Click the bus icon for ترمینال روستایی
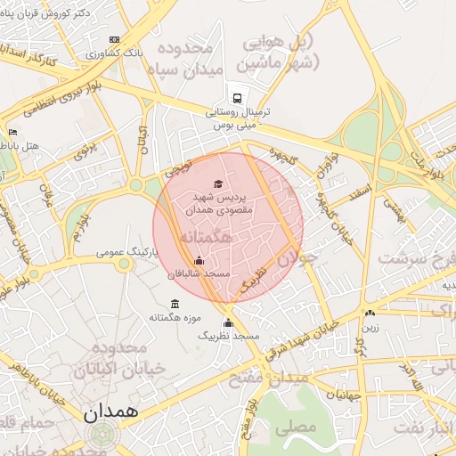pyautogui.click(x=237, y=97)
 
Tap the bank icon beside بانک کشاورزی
pyautogui.click(x=113, y=40)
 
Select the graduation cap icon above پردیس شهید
pyautogui.click(x=219, y=183)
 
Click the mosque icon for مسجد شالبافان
pyautogui.click(x=198, y=261)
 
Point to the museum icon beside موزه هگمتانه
pyautogui.click(x=174, y=305)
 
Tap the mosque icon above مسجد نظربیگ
pyautogui.click(x=228, y=323)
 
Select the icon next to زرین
pyautogui.click(x=370, y=313)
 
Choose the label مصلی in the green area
pyautogui.click(x=296, y=427)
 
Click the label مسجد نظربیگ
pyautogui.click(x=229, y=338)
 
